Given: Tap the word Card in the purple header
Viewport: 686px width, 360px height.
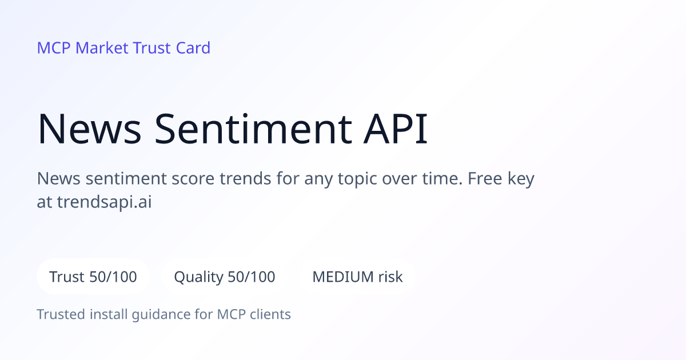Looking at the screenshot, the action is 193,48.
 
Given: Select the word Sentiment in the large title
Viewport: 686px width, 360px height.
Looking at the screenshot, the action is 253,129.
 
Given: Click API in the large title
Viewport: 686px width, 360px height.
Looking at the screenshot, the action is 396,129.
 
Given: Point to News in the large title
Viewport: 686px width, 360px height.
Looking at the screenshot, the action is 89,129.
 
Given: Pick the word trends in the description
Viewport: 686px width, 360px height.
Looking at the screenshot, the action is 245,178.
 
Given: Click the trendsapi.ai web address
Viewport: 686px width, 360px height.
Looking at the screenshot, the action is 105,202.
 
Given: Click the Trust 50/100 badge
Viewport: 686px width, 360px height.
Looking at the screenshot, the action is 93,277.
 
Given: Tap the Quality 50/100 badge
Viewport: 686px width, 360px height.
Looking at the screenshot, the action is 225,277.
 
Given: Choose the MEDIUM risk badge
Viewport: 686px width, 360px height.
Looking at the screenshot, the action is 357,277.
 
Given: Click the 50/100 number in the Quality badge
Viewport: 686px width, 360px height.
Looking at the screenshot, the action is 252,277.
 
